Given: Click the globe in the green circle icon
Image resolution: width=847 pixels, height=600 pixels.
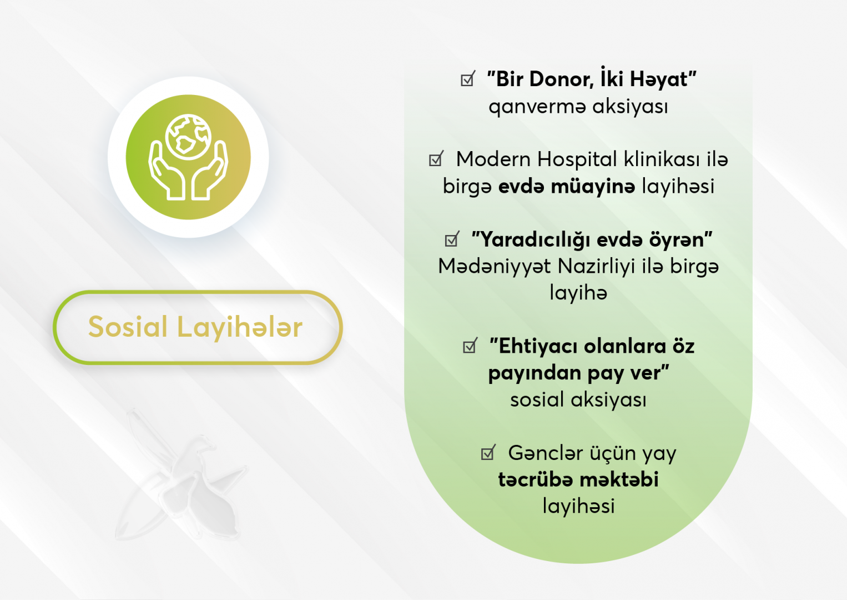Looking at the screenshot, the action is coord(188,137).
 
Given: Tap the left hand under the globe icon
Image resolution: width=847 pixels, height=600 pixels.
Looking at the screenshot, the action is coord(167,171).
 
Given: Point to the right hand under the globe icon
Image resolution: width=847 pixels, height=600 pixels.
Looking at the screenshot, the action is coord(210,171).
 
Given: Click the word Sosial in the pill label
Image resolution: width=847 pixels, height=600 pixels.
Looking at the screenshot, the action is coord(128,327).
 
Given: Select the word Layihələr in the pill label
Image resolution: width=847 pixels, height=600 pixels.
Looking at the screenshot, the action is coord(240,327).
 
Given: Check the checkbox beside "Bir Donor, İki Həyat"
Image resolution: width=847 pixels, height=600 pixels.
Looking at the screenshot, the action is coord(468,78).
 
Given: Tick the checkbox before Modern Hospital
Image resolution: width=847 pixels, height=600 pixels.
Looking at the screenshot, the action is coord(436,158).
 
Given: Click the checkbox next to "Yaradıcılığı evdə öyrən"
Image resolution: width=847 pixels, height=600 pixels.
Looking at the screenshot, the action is coord(452,239).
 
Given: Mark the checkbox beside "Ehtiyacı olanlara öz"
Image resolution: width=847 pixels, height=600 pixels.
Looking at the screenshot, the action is coord(470,345).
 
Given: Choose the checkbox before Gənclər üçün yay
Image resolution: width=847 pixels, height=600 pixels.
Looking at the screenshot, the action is coord(488,452).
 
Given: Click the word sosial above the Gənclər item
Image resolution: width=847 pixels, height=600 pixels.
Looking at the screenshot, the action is coord(537,400).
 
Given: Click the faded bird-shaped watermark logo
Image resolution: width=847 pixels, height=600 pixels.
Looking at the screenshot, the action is coord(181,475).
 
